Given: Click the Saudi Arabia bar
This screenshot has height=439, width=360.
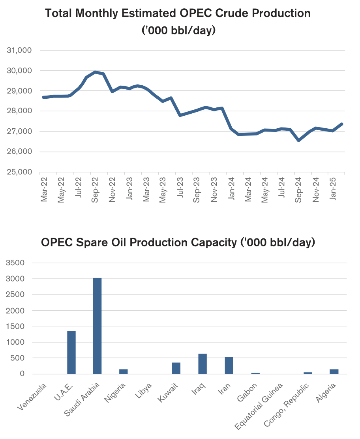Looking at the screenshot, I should click(x=97, y=326).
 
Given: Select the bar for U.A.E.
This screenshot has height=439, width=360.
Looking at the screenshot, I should click(x=71, y=352).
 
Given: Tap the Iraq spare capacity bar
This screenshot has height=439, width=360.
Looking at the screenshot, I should click(x=202, y=364).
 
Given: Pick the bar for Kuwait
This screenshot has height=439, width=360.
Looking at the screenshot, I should click(x=176, y=368).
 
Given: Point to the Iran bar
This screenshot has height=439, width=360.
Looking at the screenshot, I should click(x=229, y=365).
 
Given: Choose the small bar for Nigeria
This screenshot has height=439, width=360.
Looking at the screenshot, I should click(x=124, y=371).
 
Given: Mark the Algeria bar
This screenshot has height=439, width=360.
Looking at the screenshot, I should click(x=334, y=371).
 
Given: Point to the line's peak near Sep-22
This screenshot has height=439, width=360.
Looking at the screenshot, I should click(x=95, y=72).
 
